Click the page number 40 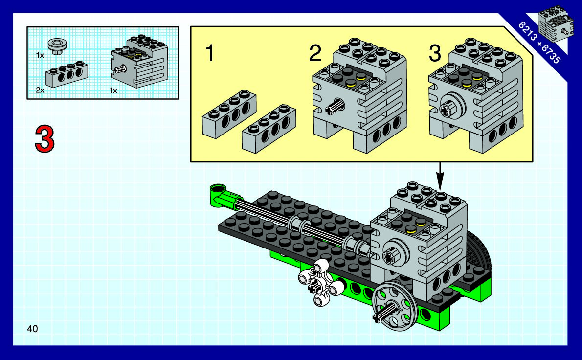32,329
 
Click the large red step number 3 45,139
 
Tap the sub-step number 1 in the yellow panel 210,53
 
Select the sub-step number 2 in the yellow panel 315,53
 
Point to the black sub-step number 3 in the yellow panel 435,53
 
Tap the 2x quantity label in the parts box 40,90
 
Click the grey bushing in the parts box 57,46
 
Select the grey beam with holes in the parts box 67,74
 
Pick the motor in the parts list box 139,61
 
